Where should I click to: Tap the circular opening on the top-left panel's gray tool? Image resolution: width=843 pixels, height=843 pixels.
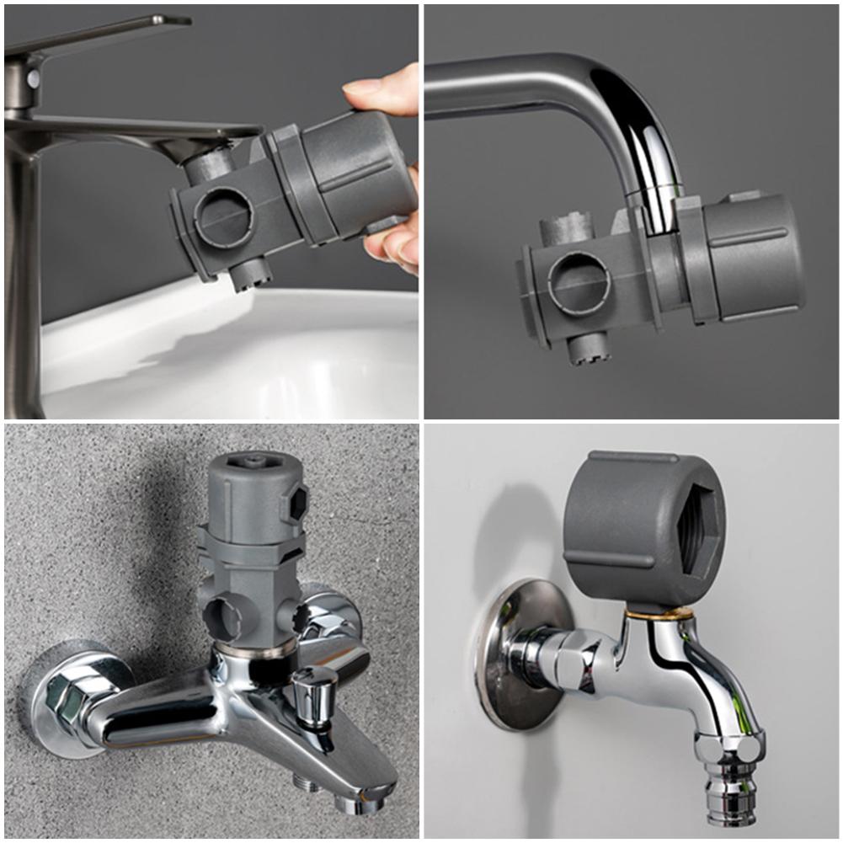click(x=223, y=218)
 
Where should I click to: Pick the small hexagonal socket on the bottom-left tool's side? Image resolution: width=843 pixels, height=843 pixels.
click(x=296, y=503)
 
